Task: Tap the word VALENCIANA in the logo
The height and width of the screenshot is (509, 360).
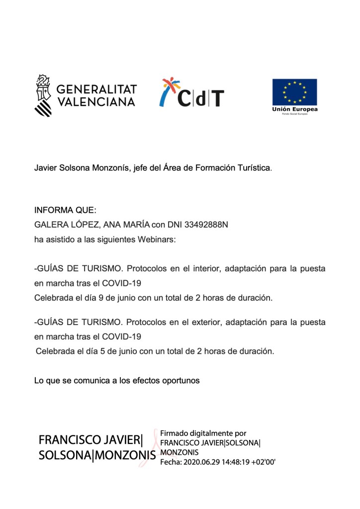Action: (x=96, y=101)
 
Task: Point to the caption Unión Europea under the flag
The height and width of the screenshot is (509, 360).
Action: (x=294, y=109)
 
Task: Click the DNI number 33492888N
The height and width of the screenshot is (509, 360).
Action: (x=206, y=225)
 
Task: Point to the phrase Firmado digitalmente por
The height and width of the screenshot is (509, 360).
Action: (x=203, y=433)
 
